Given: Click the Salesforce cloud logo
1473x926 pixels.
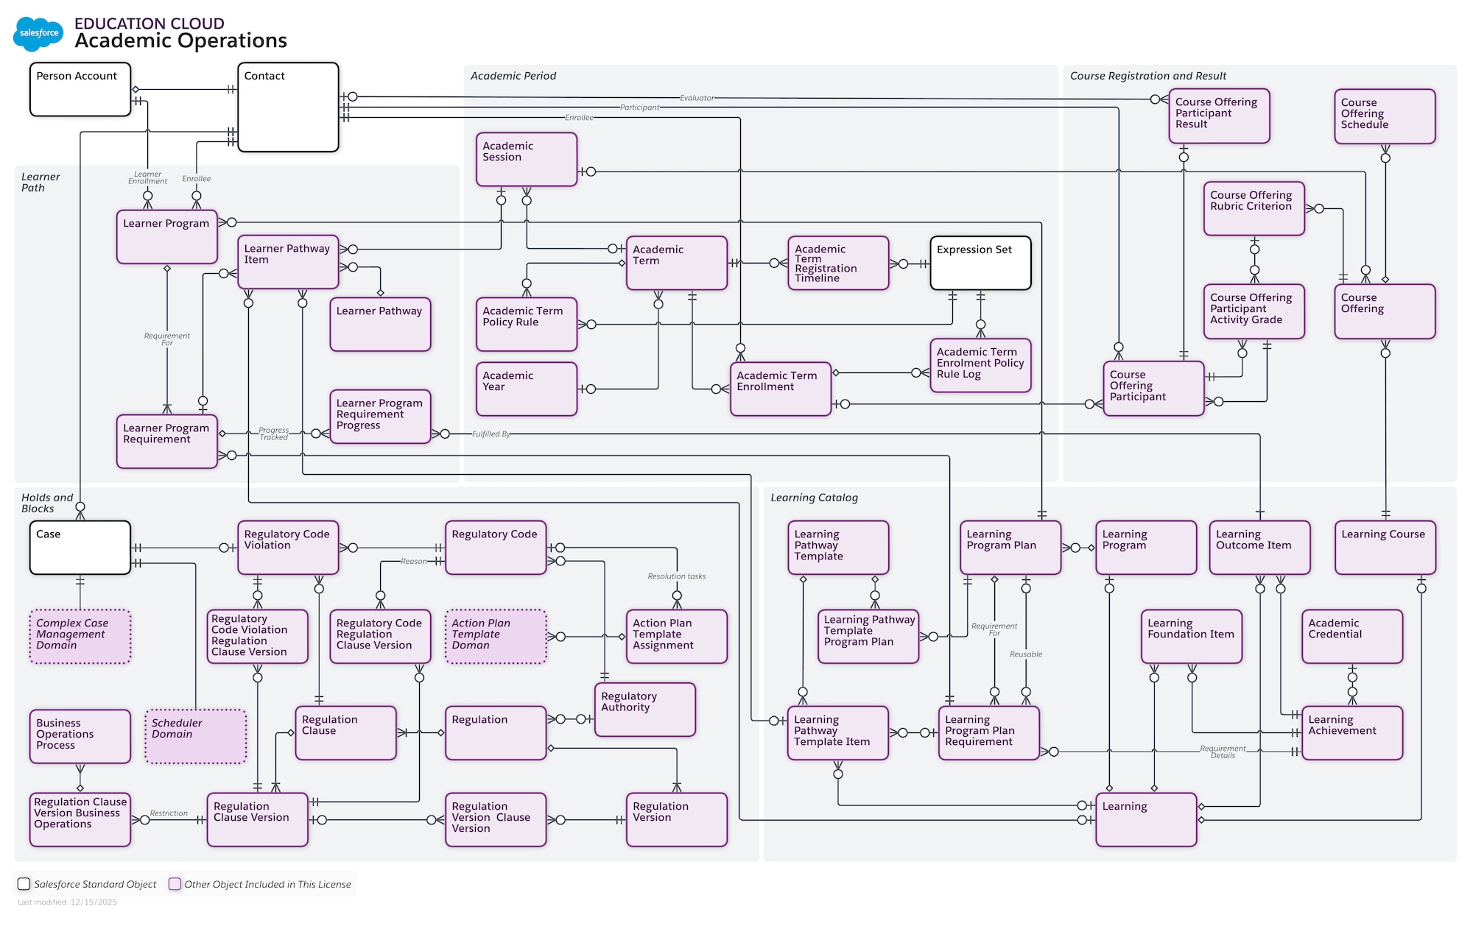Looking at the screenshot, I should [x=38, y=33].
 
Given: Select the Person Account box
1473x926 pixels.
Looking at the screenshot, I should [x=80, y=89].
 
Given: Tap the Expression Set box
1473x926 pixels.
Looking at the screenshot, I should [x=980, y=263].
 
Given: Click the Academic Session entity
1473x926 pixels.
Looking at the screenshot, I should [x=526, y=159].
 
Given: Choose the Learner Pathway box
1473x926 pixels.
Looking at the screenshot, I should [x=380, y=324].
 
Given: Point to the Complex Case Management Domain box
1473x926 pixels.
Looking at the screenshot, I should [x=80, y=636].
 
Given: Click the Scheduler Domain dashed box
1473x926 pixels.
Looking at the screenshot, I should [x=196, y=735].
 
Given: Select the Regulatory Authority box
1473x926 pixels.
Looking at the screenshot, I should [x=644, y=709].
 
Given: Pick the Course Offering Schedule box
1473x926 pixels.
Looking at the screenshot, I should [x=1384, y=116].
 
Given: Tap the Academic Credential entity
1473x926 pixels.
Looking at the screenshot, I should [x=1351, y=636].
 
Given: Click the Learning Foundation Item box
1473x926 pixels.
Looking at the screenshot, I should [x=1191, y=636].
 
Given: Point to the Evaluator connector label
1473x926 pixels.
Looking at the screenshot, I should [x=696, y=98].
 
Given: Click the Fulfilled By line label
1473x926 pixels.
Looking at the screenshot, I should [x=491, y=434].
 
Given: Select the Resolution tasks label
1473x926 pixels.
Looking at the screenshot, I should [x=676, y=576].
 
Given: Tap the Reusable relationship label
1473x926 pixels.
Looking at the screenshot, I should [x=1025, y=654].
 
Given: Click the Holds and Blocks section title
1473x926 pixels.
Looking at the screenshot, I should [x=46, y=503].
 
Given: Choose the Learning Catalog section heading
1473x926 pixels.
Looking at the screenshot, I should [x=814, y=498].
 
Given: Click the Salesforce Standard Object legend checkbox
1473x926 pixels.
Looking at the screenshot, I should [x=24, y=884].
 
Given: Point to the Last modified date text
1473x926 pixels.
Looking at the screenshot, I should [x=67, y=902].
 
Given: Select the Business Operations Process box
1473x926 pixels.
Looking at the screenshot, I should [x=80, y=735].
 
